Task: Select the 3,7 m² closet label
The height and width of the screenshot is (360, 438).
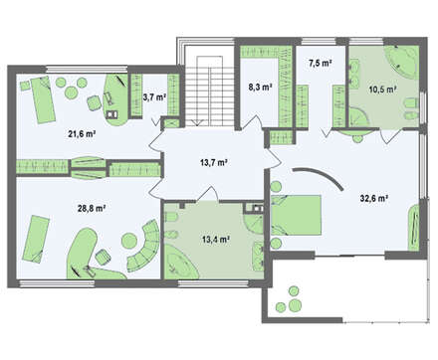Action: pos(154,97)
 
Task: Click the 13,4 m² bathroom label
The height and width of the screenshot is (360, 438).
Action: pos(216,239)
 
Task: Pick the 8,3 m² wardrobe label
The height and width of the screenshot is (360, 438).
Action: pos(261,88)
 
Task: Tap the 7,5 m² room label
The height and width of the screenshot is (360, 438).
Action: pos(321,64)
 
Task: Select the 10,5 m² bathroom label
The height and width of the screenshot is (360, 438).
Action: pos(383,90)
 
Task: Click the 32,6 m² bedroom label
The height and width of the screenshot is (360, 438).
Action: pos(374,198)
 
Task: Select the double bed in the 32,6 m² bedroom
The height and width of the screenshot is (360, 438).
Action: pos(297,216)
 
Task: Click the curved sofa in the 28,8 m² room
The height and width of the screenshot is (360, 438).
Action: pos(147,247)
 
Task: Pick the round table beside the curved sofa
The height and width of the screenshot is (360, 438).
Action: pos(129,241)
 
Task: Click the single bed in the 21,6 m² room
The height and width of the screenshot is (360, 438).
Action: pos(43,99)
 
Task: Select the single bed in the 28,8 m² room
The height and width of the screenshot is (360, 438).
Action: pos(36,239)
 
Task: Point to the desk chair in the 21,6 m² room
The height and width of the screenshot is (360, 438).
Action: pos(95,102)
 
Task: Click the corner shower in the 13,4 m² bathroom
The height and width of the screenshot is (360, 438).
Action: pos(253,223)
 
